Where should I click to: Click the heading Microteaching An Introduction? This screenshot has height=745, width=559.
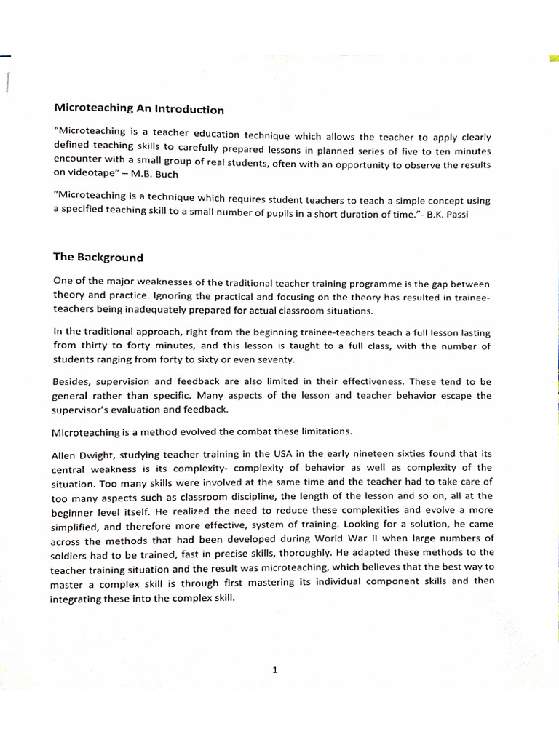click(139, 109)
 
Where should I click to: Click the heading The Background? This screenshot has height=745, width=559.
click(98, 257)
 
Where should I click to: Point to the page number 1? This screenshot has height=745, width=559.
click(274, 671)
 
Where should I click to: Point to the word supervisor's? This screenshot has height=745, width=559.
click(84, 410)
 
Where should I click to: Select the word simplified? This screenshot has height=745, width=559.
click(78, 524)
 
